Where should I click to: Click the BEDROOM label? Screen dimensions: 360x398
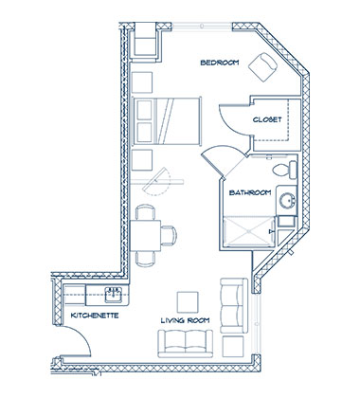pos(219,63)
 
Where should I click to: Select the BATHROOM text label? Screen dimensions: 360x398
pos(251,193)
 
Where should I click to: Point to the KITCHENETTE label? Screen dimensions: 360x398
pos(95,315)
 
